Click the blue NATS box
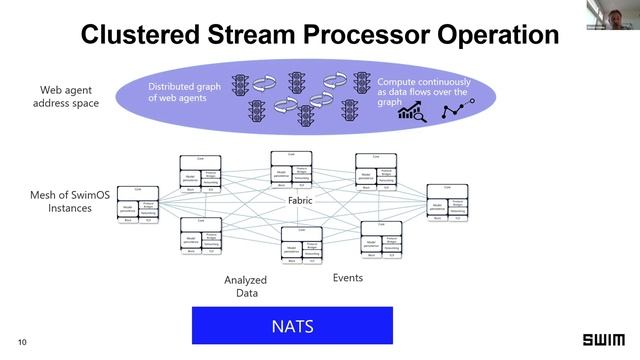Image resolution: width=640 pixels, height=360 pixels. pos(292,326)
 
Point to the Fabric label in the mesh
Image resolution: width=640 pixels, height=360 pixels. pos(301,201)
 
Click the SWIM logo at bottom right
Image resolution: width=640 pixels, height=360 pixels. pos(603,340)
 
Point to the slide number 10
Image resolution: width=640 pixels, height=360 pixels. pos(22,342)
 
